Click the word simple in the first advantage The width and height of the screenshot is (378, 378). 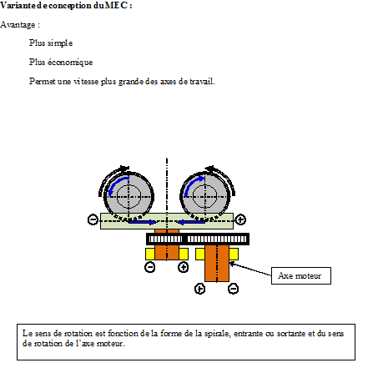60,43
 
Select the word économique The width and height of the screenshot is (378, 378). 70,63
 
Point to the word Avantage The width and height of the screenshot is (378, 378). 18,25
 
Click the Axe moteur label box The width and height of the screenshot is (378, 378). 301,275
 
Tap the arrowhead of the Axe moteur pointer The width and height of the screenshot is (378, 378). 231,263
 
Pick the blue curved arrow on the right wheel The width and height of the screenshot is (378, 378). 194,184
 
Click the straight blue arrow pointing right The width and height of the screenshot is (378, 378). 143,222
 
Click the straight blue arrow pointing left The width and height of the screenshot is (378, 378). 191,222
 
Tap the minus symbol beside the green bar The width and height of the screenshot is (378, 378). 93,219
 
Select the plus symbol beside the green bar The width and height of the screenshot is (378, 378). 240,219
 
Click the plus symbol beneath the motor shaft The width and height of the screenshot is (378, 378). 199,289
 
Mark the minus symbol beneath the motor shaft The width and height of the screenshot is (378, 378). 233,289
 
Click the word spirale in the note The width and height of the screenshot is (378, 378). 217,333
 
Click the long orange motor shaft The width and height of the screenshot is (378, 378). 217,263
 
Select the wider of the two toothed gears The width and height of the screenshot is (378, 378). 217,239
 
